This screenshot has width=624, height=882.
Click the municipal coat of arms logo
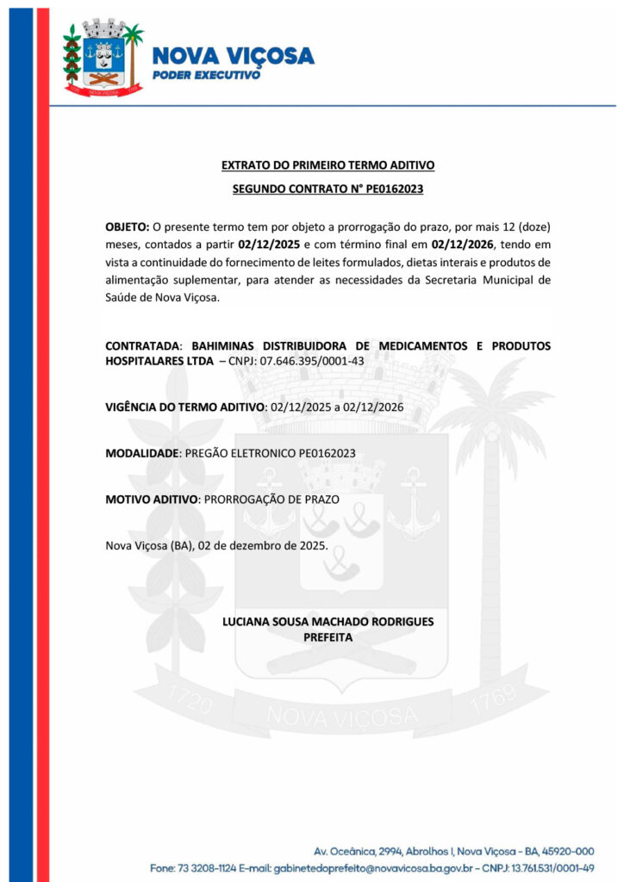[102, 59]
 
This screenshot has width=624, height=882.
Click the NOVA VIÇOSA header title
[233, 57]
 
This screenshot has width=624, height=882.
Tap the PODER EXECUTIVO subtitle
[206, 76]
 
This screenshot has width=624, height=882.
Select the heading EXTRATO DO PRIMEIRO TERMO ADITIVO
[328, 165]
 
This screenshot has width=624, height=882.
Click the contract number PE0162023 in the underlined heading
[392, 188]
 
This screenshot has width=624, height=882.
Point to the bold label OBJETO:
[128, 227]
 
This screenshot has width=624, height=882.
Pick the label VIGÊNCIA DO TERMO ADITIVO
[185, 406]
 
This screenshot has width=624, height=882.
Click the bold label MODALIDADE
[142, 452]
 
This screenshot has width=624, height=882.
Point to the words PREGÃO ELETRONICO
[240, 452]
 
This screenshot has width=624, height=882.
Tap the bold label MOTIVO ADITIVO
[152, 499]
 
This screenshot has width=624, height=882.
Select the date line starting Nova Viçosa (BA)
[215, 545]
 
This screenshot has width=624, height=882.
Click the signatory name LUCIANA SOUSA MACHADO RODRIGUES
[328, 621]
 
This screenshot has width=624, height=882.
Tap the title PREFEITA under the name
[328, 637]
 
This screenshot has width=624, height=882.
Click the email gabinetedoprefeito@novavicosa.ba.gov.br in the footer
[331, 866]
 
